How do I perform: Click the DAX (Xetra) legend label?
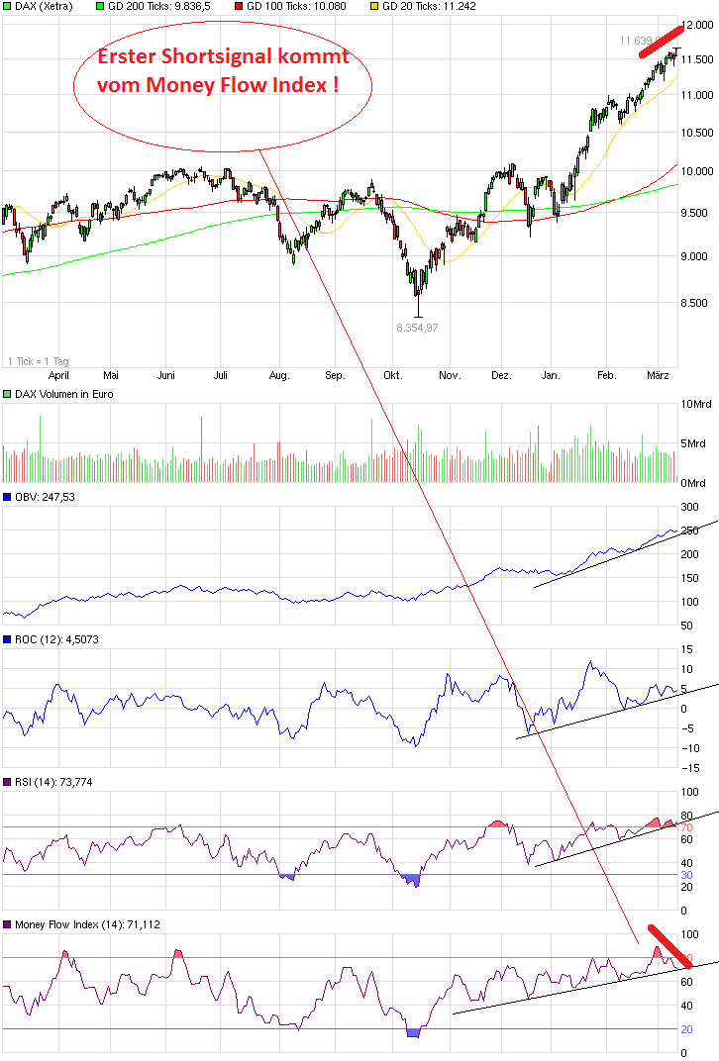pos(44,6)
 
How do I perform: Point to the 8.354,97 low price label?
pos(417,328)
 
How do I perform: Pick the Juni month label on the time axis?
pos(166,375)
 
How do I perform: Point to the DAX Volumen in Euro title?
pos(63,394)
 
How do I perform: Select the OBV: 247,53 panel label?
pos(45,497)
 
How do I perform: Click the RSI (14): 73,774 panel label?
pos(55,782)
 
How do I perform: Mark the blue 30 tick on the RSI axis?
pos(684,875)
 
